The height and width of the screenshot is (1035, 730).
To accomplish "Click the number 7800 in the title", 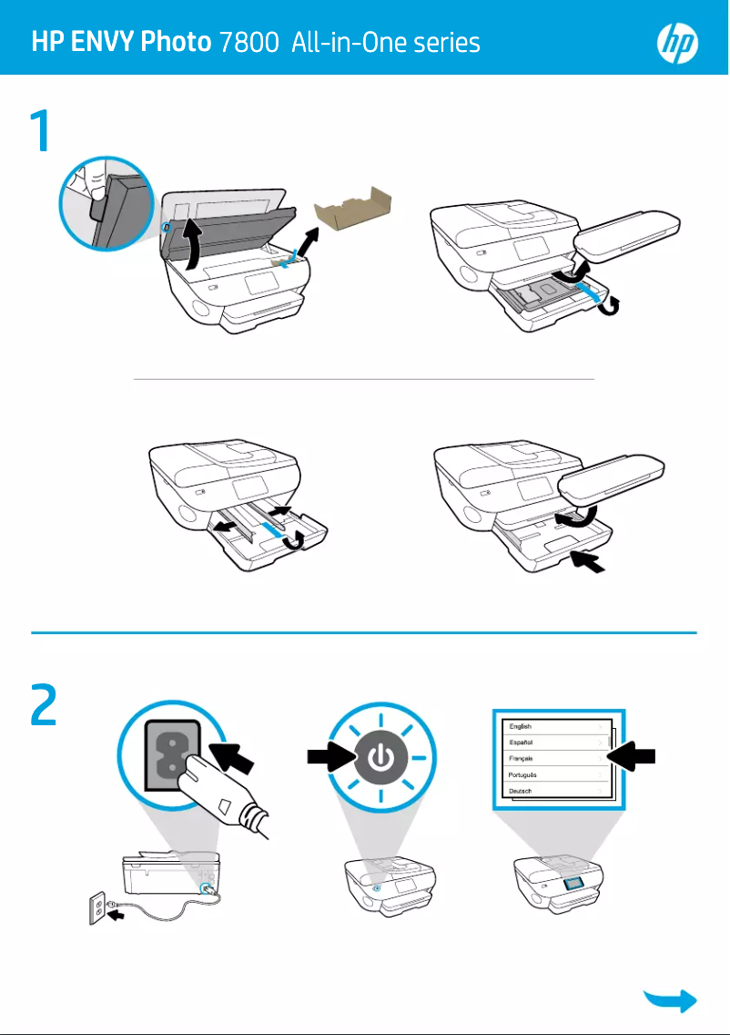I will pyautogui.click(x=248, y=43).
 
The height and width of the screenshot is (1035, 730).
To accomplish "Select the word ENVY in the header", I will pyautogui.click(x=108, y=43).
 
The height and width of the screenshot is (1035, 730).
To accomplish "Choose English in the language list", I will pyautogui.click(x=522, y=726).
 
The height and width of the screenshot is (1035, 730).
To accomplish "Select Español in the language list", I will pyautogui.click(x=522, y=743).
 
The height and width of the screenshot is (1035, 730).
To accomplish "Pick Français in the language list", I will pyautogui.click(x=522, y=758).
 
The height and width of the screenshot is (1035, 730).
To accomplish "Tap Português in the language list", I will pyautogui.click(x=523, y=774).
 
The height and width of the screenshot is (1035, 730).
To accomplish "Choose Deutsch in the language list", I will pyautogui.click(x=522, y=791).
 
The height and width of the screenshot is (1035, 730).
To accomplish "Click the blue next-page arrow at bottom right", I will pyautogui.click(x=671, y=1000).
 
